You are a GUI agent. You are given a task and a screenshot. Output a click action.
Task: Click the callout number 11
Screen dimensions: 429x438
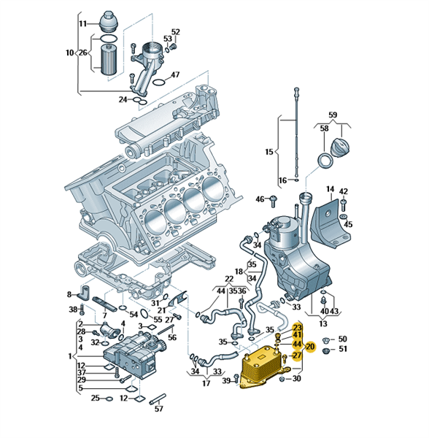(x=82, y=24)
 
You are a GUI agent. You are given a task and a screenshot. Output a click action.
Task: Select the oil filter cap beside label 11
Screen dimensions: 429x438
(x=110, y=22)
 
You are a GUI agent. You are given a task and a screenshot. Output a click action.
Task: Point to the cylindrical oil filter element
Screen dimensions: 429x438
(x=109, y=59)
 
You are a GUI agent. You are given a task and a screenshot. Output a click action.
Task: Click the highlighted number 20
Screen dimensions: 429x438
(x=310, y=347)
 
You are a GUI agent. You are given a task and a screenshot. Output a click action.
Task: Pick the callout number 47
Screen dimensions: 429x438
(x=175, y=75)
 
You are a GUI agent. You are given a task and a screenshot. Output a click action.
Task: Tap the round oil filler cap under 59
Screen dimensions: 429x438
(x=341, y=147)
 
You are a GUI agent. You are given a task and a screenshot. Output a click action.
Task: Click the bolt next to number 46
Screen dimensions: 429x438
(x=274, y=201)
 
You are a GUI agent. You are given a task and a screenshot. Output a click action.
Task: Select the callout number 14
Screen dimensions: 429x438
(x=331, y=189)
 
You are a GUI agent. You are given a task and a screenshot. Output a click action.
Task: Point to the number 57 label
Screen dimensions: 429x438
(x=159, y=410)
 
